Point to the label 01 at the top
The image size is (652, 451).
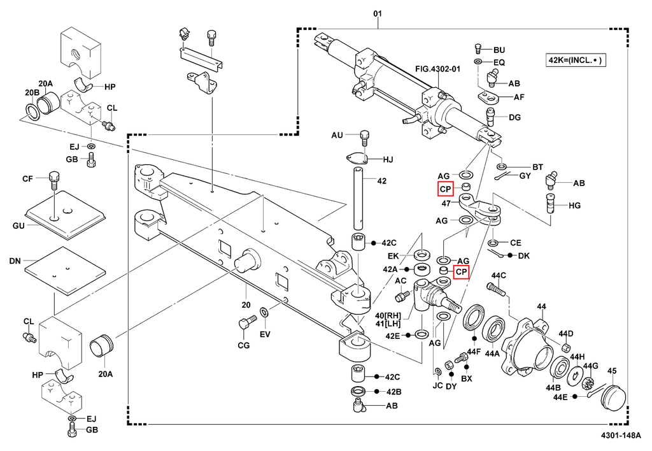click(x=378, y=13)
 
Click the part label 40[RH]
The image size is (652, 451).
click(x=388, y=315)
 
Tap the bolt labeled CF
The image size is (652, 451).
click(x=53, y=180)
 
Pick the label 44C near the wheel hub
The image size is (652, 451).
click(x=498, y=275)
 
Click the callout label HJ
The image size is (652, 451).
click(x=388, y=159)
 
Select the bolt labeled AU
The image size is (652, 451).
click(x=365, y=135)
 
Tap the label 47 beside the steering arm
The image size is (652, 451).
click(x=446, y=203)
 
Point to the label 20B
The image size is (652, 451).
click(x=33, y=92)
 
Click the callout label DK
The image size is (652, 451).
click(x=523, y=255)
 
